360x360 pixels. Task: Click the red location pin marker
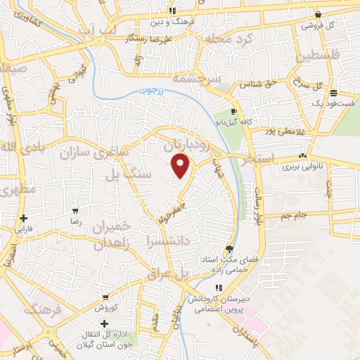[x=181, y=165]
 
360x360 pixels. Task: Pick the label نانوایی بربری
[x=301, y=167]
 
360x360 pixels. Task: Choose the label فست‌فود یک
[x=331, y=103]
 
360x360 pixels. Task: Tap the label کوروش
[x=104, y=307]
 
